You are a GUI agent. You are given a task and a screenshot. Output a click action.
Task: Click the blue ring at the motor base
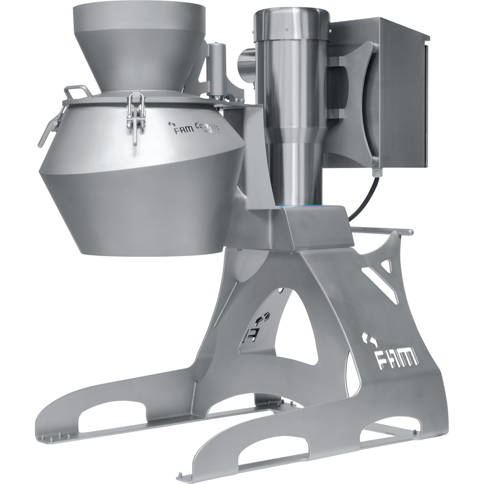[295, 206]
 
